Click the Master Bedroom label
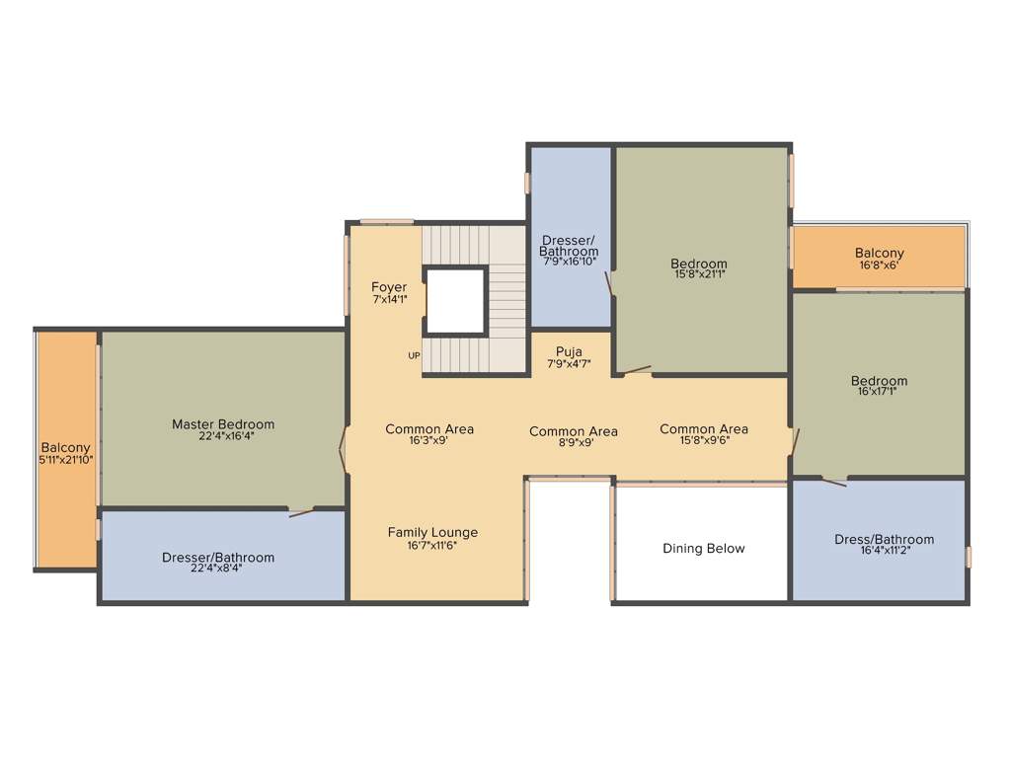tap(223, 424)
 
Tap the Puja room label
tap(569, 351)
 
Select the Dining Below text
tap(703, 549)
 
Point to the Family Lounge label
tap(432, 533)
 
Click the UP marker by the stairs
tap(414, 356)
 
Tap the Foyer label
tap(389, 287)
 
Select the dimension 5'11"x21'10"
tap(66, 460)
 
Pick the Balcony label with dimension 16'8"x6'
tap(879, 254)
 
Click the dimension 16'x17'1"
tap(879, 392)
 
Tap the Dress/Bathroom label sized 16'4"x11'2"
tap(884, 539)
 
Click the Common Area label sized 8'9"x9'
tap(574, 431)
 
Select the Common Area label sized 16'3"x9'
tap(429, 428)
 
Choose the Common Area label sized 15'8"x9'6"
tap(704, 428)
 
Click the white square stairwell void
tap(455, 301)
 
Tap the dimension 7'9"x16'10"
tap(569, 263)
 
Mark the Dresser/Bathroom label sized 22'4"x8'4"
tap(218, 558)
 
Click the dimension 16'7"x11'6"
tap(432, 545)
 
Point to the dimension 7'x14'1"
tap(389, 299)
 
